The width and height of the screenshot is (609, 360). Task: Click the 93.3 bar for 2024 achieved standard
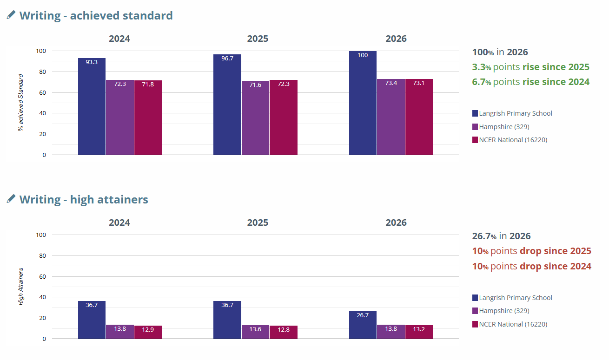[x=92, y=106]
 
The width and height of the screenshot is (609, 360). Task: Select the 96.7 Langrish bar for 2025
[x=227, y=105]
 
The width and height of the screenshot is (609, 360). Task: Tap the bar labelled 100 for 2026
[x=363, y=103]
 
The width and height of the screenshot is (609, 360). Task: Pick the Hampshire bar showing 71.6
[x=255, y=118]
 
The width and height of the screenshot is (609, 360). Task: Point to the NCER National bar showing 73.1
[x=419, y=117]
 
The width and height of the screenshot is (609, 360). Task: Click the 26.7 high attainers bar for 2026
[x=363, y=325]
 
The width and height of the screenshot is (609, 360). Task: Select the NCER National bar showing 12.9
[x=148, y=332]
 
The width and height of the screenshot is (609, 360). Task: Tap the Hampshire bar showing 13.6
[x=255, y=332]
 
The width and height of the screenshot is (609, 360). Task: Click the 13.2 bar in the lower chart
[x=419, y=332]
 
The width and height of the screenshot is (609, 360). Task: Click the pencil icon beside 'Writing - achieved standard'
[x=11, y=15]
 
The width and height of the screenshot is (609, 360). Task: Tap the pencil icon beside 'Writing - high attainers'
[x=11, y=199]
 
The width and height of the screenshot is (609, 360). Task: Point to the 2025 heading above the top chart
[x=258, y=39]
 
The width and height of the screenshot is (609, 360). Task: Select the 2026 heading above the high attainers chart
[x=396, y=223]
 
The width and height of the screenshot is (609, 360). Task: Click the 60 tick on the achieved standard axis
[x=42, y=92]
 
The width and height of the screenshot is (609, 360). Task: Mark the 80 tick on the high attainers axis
[x=42, y=255]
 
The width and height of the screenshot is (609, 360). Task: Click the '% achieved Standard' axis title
[x=20, y=103]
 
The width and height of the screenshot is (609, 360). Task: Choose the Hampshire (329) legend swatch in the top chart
[x=475, y=127]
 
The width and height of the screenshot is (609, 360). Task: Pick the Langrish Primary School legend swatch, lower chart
[x=475, y=298]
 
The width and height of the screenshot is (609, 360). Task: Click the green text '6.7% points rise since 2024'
[x=531, y=82]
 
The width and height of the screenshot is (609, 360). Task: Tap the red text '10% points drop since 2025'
[x=531, y=251]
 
